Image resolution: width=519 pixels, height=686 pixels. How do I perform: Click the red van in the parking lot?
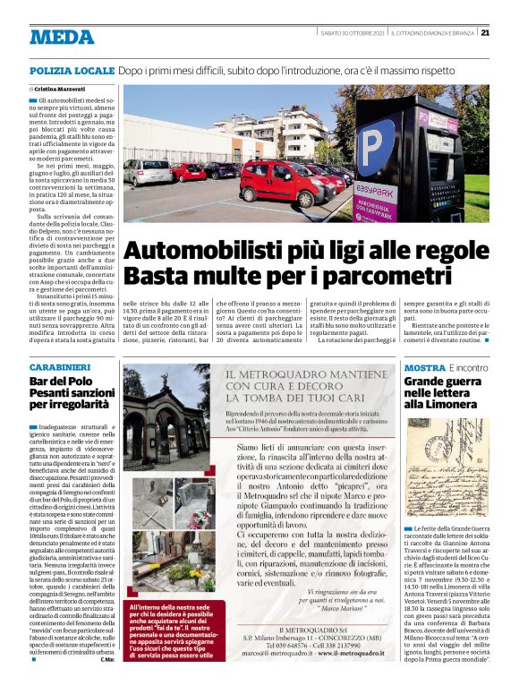tap(276, 183)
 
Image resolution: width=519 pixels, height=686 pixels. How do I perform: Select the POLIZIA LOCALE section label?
tap(72, 69)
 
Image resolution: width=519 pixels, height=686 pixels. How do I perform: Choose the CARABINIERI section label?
tap(59, 367)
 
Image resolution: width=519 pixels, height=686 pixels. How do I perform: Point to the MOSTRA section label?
tap(424, 367)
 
